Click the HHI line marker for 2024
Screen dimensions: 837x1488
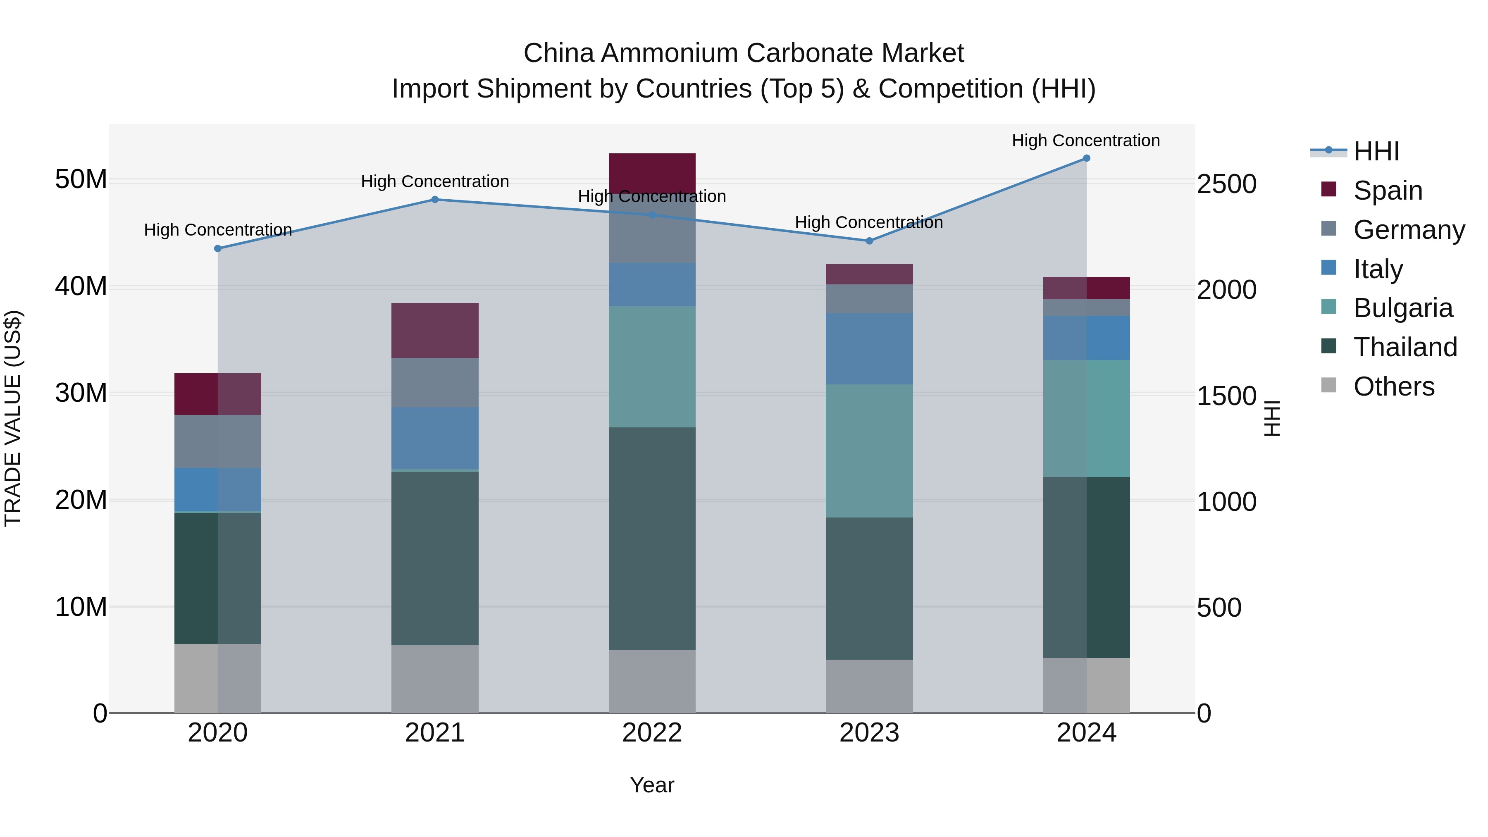pyautogui.click(x=1086, y=158)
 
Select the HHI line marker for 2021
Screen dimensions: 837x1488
pyautogui.click(x=435, y=200)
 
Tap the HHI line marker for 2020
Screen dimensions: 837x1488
pyautogui.click(x=218, y=248)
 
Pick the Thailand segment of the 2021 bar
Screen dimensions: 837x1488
pyautogui.click(x=435, y=558)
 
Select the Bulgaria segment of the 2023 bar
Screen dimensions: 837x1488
pyautogui.click(x=869, y=451)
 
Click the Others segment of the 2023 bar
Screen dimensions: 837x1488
pyautogui.click(x=869, y=686)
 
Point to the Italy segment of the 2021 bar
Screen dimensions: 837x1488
pyautogui.click(x=435, y=438)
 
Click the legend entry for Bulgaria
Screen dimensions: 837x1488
pyautogui.click(x=1402, y=308)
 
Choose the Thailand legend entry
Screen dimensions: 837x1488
pyautogui.click(x=1405, y=347)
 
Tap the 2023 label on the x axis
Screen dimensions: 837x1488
pyautogui.click(x=869, y=733)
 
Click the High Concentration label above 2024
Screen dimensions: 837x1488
pyautogui.click(x=1085, y=141)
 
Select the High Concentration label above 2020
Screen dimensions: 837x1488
pyautogui.click(x=218, y=230)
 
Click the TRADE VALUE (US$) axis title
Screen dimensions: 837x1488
pyautogui.click(x=13, y=419)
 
